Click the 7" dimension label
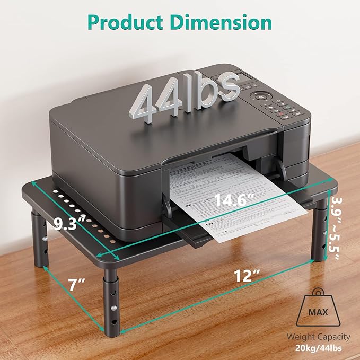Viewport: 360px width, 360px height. pos(77,285)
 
